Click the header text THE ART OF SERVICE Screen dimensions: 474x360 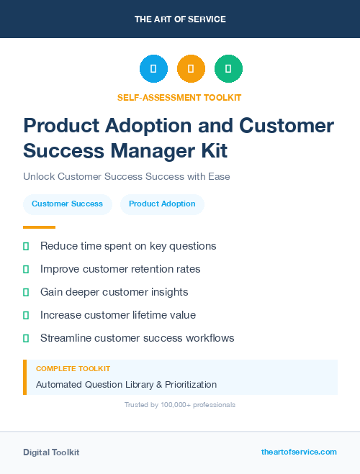tap(180, 19)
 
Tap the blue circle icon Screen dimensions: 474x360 tap(153, 69)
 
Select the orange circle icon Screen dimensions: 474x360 tap(191, 69)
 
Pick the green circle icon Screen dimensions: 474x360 tap(228, 69)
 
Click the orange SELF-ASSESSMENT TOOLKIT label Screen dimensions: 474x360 tap(180, 97)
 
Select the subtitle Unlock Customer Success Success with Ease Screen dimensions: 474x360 tap(126, 176)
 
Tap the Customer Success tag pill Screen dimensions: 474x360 tap(67, 204)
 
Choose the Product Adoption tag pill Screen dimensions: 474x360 tap(162, 204)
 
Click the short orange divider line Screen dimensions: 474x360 tap(35, 227)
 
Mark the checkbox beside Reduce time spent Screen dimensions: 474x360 tap(26, 246)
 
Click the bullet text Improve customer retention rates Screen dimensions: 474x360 tap(120, 269)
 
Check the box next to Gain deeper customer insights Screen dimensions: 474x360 tap(26, 292)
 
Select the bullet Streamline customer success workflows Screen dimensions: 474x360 tap(137, 338)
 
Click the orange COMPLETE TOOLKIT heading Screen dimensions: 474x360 tap(73, 369)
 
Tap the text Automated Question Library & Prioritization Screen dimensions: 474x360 tap(126, 385)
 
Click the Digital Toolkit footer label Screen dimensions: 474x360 tap(51, 452)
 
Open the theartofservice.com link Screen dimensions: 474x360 tap(299, 452)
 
